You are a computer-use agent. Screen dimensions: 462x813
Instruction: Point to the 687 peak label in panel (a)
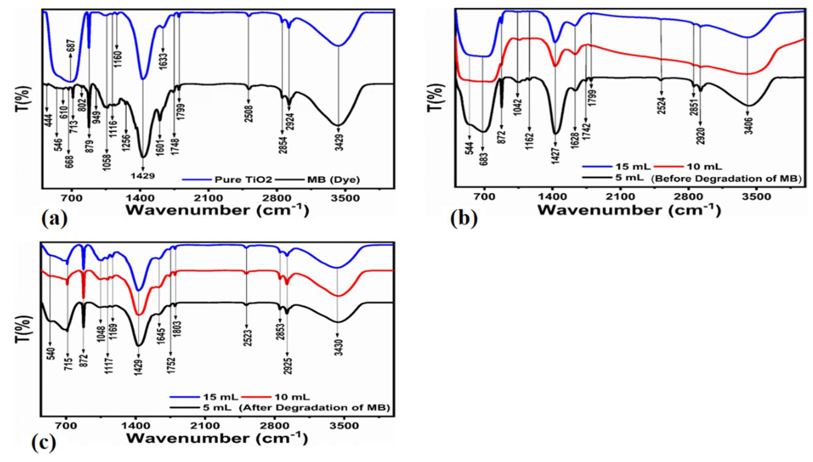[x=71, y=48]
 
